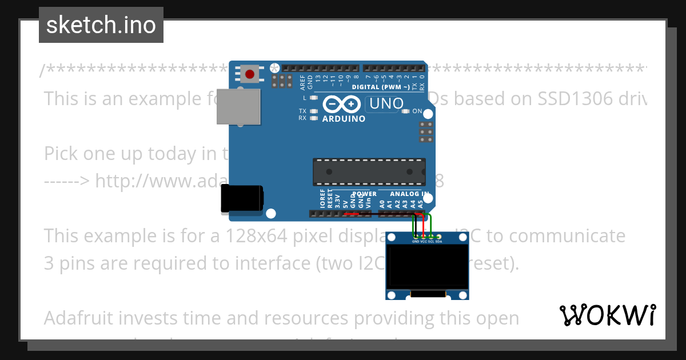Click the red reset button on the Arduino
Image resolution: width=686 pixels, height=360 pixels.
click(x=250, y=74)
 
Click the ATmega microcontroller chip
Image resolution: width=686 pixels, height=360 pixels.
click(x=369, y=171)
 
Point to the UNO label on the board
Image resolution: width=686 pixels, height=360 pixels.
click(x=386, y=104)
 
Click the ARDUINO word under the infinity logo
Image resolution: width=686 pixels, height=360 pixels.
click(x=344, y=119)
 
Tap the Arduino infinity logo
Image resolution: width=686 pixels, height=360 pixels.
click(x=341, y=105)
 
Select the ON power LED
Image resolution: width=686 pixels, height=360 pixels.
click(x=407, y=111)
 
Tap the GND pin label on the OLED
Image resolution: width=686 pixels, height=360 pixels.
click(x=416, y=241)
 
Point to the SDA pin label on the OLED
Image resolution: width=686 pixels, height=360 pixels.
click(x=439, y=241)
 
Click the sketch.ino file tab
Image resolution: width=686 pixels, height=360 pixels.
click(x=101, y=25)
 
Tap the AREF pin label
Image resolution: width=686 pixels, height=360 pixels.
click(x=303, y=83)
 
